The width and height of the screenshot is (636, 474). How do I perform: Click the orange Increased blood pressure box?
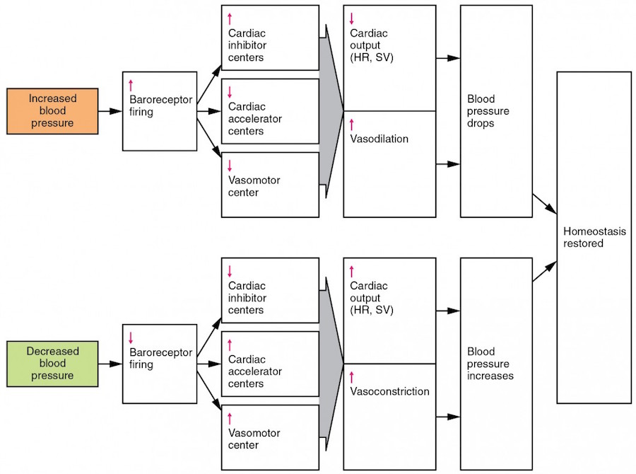pos(52,111)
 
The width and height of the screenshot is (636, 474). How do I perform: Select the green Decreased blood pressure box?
pos(52,364)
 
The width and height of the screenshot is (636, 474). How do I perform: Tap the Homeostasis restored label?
pos(594,237)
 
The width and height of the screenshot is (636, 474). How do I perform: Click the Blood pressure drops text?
pos(488,111)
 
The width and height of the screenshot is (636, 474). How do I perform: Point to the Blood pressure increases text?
pos(490,364)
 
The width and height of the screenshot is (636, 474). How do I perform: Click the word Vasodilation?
pos(379,139)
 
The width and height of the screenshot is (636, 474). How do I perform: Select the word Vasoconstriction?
pos(389,391)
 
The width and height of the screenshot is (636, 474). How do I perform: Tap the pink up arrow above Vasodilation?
pos(352,125)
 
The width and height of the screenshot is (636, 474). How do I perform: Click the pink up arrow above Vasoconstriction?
pos(352,377)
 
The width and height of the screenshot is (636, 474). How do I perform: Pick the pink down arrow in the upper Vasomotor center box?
pos(230,166)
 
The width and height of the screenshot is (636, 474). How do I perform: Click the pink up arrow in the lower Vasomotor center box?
pos(230,419)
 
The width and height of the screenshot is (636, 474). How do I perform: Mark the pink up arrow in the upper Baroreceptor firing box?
pos(131,86)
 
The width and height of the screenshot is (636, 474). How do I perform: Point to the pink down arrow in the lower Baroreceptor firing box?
pos(131,338)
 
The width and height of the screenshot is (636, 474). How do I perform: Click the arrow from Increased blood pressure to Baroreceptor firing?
pos(110,111)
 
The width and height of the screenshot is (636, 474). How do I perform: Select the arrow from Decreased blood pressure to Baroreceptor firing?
pos(110,364)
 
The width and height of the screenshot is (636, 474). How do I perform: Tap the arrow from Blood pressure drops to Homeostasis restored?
pos(544,204)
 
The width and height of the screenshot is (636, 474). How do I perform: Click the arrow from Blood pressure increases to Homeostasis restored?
pos(544,272)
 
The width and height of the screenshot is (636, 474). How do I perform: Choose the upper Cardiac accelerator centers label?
pos(254,119)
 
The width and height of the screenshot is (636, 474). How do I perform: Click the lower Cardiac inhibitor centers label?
pos(247,298)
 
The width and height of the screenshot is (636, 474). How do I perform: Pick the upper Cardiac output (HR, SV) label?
pos(372,45)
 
